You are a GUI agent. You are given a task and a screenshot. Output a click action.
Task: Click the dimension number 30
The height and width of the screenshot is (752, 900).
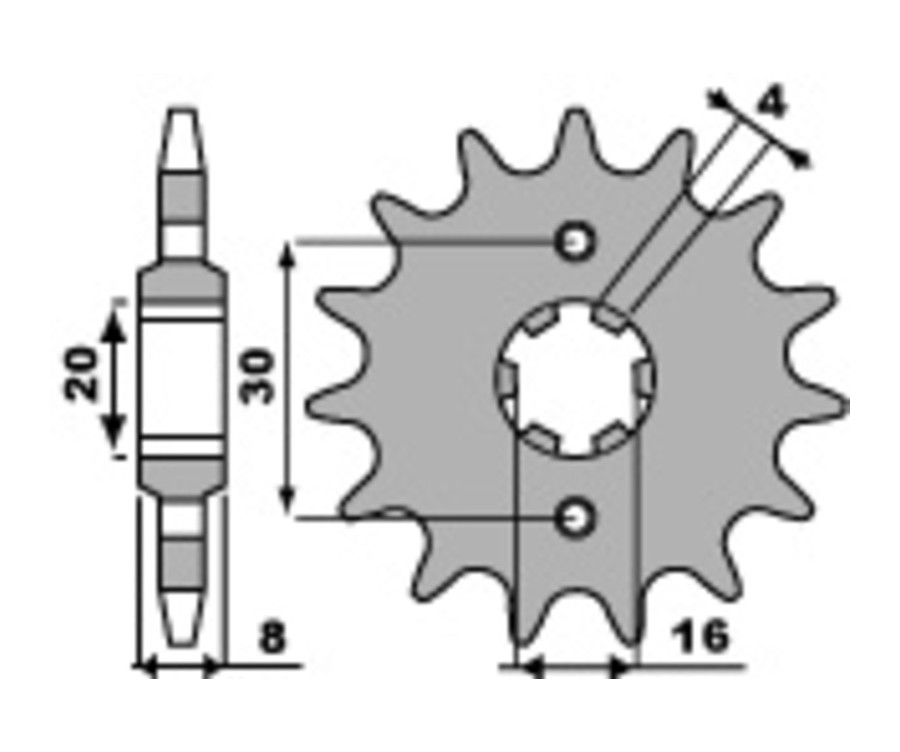click(258, 377)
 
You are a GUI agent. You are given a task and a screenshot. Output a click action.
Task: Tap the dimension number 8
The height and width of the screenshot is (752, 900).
click(272, 638)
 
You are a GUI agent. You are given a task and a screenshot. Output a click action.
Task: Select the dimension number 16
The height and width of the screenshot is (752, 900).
click(701, 637)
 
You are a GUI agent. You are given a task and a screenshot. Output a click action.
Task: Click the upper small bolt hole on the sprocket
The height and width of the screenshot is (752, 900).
click(574, 242)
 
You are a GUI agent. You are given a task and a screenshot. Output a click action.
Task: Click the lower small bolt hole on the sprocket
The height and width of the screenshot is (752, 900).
click(574, 518)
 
